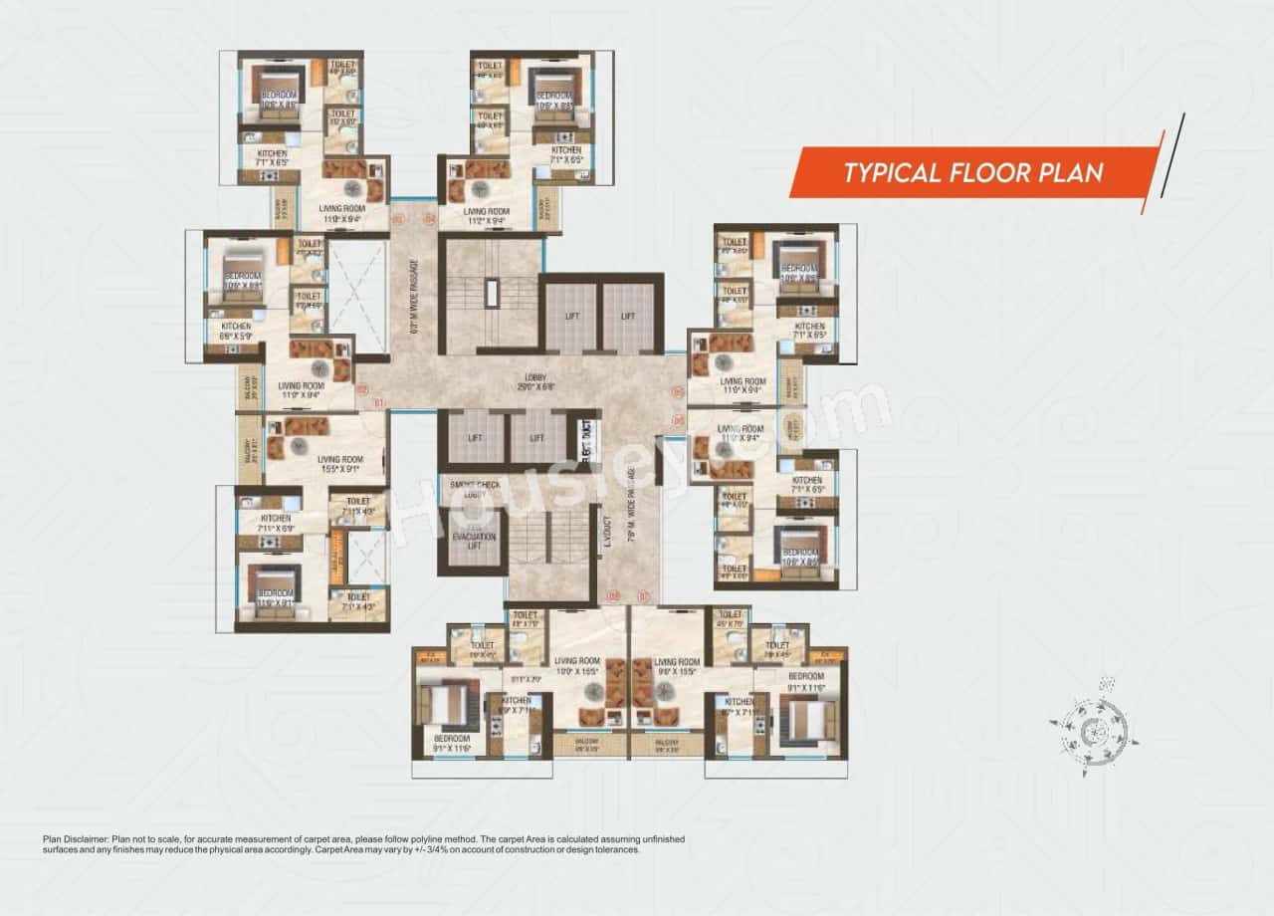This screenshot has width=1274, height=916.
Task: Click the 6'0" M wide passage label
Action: pos(411,300)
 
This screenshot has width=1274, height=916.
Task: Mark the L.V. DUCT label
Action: pos(606,537)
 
